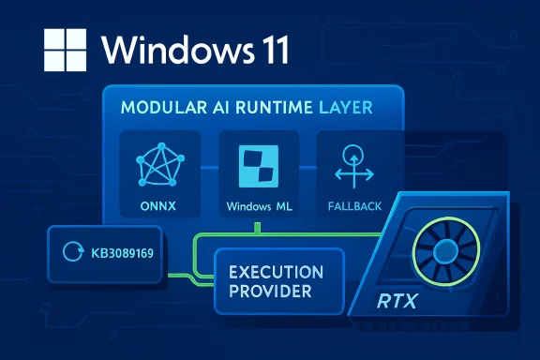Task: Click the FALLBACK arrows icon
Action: [352, 165]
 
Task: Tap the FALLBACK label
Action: [352, 204]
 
